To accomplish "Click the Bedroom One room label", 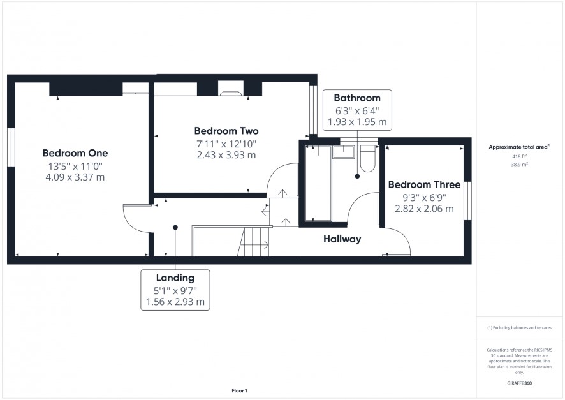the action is (75, 153).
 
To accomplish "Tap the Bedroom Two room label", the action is (226, 131).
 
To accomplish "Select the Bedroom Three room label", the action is (424, 184).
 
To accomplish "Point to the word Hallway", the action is (342, 239).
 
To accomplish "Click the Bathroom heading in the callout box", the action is (357, 98).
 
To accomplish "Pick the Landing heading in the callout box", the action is (175, 278).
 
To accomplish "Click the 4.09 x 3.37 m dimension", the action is (75, 177).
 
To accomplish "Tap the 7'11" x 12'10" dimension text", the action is (226, 144).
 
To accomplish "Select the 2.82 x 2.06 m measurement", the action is (424, 208).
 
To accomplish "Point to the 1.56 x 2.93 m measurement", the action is (175, 302).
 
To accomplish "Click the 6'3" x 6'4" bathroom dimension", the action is (357, 110).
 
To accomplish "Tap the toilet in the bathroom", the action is (368, 159).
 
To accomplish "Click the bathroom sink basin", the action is (344, 152).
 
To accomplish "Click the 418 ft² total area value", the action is (519, 156).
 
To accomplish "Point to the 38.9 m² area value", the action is (519, 165).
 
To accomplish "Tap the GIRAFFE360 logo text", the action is (519, 383).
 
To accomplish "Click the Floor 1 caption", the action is (239, 390).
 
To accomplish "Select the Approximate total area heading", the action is (519, 147).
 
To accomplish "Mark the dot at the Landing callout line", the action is (175, 227).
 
